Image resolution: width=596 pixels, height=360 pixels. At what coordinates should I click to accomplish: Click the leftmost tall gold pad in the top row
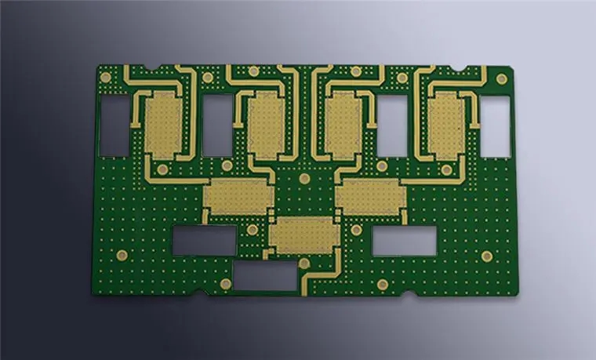163,124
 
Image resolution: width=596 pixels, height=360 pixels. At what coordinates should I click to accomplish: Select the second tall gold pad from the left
266,125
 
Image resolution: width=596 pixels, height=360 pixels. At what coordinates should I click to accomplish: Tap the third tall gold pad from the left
343,125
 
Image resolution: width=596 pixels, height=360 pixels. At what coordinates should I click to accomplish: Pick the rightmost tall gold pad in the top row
446,124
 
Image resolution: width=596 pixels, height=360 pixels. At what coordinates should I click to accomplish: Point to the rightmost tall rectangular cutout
495,126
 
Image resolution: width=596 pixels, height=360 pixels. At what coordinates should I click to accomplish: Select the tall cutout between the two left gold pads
217,125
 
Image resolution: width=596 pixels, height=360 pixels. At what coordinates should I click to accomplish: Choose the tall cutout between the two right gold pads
392,125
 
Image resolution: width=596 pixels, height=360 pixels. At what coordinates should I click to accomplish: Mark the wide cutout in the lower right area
404,242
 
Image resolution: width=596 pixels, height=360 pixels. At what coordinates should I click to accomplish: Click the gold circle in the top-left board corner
105,77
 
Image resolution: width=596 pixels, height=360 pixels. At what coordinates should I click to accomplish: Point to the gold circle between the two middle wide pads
304,179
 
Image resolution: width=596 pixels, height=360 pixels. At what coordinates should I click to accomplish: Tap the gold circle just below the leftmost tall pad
162,169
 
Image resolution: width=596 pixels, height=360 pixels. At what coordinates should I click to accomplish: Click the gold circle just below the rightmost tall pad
446,169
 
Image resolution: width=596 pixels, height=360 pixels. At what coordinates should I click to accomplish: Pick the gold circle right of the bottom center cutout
382,284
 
